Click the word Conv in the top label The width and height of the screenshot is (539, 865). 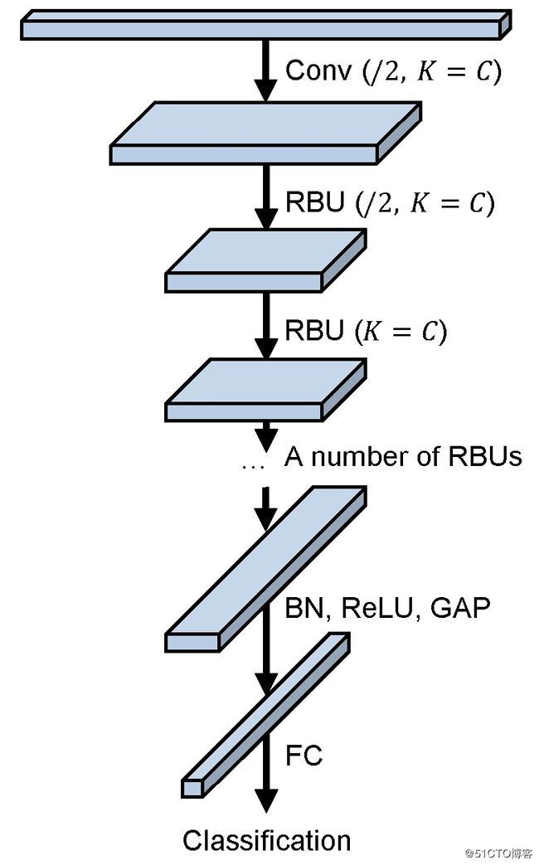(x=318, y=70)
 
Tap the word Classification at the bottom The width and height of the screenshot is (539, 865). (x=266, y=840)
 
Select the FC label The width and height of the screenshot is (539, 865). (x=304, y=755)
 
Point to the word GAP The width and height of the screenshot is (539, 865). (x=459, y=608)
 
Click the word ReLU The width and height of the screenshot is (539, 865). (x=378, y=608)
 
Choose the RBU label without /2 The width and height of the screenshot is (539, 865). (x=366, y=330)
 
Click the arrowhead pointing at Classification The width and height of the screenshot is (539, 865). (x=266, y=799)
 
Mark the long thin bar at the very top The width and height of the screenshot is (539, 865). (x=266, y=24)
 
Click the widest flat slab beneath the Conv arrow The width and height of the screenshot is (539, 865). (x=266, y=133)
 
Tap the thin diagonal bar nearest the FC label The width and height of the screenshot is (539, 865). (x=266, y=715)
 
